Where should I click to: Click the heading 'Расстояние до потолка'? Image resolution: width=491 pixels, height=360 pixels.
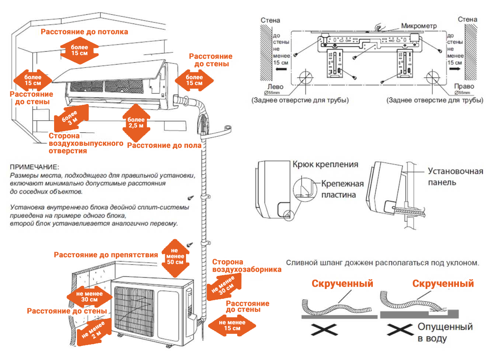click(x=84, y=32)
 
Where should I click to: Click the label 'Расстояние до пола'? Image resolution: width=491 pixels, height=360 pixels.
click(x=164, y=145)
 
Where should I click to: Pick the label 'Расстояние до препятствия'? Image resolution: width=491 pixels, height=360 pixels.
click(x=106, y=255)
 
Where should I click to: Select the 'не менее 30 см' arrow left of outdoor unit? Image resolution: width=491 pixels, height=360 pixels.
click(x=89, y=296)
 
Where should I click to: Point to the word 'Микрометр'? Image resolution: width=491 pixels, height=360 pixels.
click(x=419, y=26)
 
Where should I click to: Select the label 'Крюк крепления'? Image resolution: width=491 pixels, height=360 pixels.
click(x=325, y=164)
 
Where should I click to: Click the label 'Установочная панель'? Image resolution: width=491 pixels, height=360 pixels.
click(x=455, y=176)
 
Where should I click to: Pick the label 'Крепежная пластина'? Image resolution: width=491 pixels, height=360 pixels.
click(x=342, y=189)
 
